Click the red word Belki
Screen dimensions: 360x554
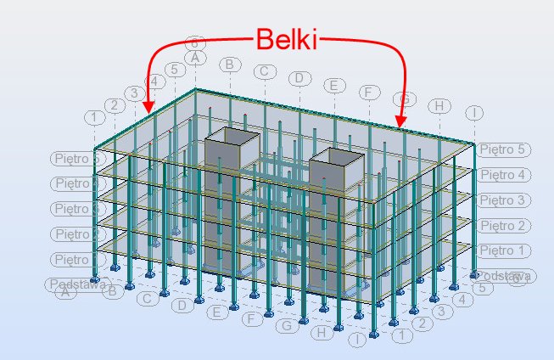(x=287, y=38)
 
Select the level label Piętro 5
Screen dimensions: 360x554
(x=504, y=149)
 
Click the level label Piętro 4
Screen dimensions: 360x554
(x=504, y=175)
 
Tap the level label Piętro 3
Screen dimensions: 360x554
(x=504, y=200)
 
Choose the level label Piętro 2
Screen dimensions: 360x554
(x=504, y=226)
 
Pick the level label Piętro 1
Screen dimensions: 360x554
(x=504, y=251)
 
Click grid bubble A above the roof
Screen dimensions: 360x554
(x=195, y=58)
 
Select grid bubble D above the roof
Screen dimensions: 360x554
(x=299, y=79)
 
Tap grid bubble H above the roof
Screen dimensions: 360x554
(x=439, y=106)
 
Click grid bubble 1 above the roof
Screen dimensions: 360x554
(x=94, y=115)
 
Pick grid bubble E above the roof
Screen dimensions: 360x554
(x=334, y=86)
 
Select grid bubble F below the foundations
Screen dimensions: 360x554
(x=251, y=319)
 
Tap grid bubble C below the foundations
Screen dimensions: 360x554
(x=147, y=299)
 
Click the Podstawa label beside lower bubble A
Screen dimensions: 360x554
(x=78, y=284)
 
